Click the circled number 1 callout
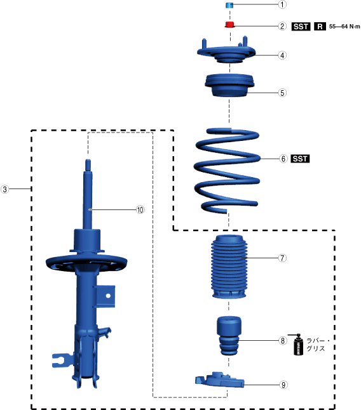pos(282,4)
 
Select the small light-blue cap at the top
pos(229,5)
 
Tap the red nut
pos(230,25)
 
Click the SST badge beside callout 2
pos(301,27)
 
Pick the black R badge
pos(320,27)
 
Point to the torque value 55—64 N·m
pos(344,27)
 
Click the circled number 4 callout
pos(282,55)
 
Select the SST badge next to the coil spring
pos(300,159)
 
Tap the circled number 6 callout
pos(283,159)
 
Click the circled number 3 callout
pos(4,189)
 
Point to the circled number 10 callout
pos(140,209)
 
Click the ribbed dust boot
pos(229,267)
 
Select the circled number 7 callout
pos(282,258)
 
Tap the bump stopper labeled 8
pos(228,336)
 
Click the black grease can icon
pos(297,345)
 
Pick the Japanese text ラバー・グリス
pos(317,345)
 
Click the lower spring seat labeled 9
pos(219,380)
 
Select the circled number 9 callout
pos(283,385)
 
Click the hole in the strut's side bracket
pos(108,296)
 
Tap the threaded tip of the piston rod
pos(88,165)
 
